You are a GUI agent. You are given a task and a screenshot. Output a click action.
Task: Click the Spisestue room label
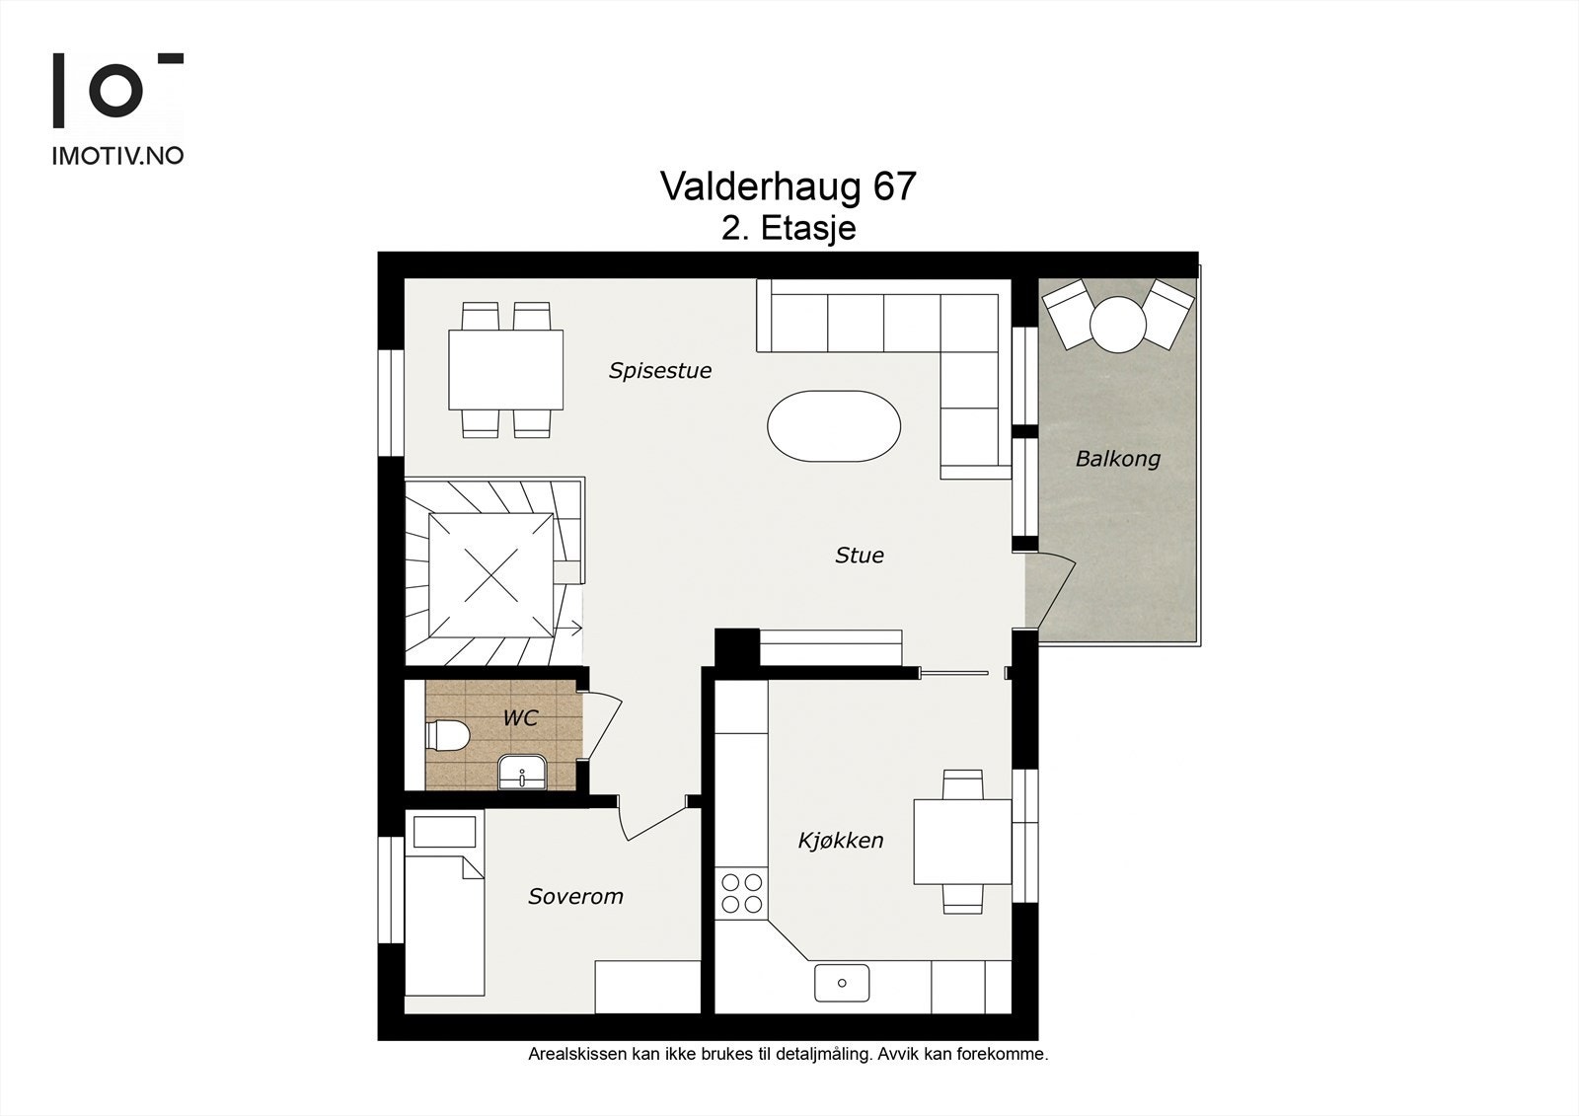coord(659,371)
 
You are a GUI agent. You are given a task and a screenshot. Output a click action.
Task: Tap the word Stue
coord(859,556)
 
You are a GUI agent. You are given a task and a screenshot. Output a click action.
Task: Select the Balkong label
coord(1117,459)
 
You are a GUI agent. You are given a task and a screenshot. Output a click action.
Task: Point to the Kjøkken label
coord(840,841)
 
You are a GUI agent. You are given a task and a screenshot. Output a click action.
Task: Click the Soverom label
coord(575,897)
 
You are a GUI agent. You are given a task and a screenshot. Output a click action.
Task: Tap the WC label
coord(520,718)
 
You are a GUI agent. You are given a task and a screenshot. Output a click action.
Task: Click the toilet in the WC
coord(446,736)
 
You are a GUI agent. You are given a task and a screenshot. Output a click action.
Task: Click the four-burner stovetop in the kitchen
coord(741,893)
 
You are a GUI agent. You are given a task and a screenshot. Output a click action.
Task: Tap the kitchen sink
coord(842,983)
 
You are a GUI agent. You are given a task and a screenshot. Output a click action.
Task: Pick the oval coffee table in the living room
coord(834,426)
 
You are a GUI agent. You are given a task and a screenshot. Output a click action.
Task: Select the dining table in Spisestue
coord(506,370)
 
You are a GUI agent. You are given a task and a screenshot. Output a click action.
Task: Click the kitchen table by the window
coord(962,842)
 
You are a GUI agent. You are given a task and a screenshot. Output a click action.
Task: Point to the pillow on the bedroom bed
coord(444,832)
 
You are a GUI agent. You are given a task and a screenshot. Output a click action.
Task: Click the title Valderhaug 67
coord(788,186)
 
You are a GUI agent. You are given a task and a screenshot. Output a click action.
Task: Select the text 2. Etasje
coord(788,229)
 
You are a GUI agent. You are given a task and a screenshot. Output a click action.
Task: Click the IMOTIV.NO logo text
coord(117,155)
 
